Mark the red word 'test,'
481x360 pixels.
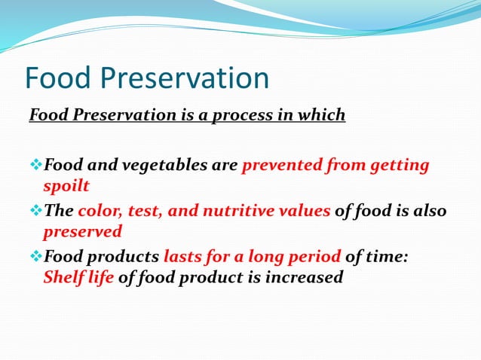[147, 211]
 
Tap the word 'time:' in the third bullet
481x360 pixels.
[388, 258]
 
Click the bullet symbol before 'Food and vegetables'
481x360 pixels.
[35, 165]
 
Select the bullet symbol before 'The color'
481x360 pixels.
[35, 211]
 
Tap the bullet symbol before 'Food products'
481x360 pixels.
[35, 258]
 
